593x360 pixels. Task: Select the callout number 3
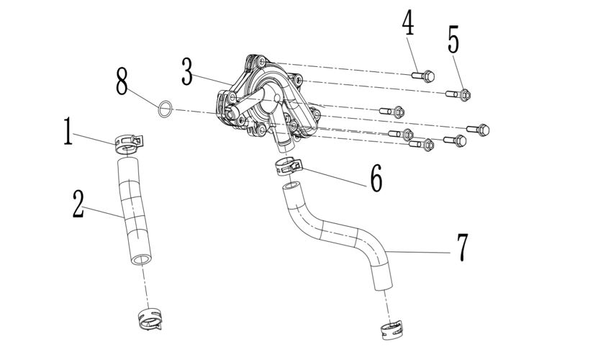188,71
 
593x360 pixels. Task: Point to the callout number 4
408,23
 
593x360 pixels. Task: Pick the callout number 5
453,39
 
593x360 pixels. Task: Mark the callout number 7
462,246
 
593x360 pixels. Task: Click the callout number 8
122,81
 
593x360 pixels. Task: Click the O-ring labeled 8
165,109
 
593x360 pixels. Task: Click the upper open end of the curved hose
290,187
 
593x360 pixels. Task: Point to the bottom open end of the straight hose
142,257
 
